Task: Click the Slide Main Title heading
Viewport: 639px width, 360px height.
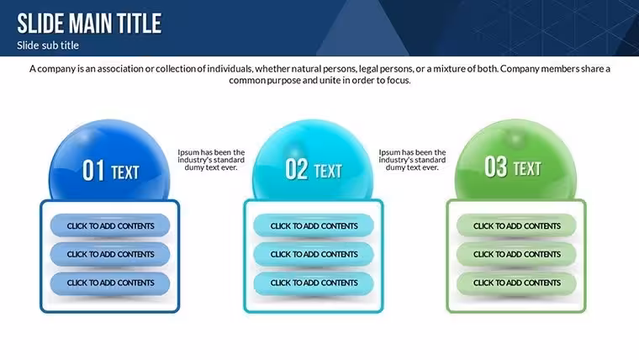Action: (89, 24)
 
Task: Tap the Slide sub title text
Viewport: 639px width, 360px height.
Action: (48, 45)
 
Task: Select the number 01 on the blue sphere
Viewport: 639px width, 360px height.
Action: (93, 171)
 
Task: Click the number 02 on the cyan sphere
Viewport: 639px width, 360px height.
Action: (296, 169)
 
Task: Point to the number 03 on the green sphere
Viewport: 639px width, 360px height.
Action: (495, 167)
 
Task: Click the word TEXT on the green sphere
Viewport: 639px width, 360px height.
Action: (527, 169)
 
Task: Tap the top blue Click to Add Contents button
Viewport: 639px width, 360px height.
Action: (110, 225)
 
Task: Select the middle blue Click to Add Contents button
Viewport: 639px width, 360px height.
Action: (110, 254)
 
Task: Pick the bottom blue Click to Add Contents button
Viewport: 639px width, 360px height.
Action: (110, 283)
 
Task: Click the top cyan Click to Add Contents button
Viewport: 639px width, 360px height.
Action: (314, 225)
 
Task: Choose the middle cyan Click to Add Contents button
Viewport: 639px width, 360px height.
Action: (314, 254)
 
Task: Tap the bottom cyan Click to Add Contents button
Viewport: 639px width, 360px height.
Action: (314, 283)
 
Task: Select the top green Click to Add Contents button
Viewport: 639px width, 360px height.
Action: (516, 225)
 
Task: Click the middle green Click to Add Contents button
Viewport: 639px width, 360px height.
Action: (516, 254)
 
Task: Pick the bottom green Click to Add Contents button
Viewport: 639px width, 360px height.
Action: (516, 283)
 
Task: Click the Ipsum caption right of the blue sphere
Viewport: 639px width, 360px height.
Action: (211, 160)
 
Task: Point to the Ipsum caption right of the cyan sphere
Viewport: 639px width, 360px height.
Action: (412, 160)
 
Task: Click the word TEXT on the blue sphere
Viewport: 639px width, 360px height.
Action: (125, 172)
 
